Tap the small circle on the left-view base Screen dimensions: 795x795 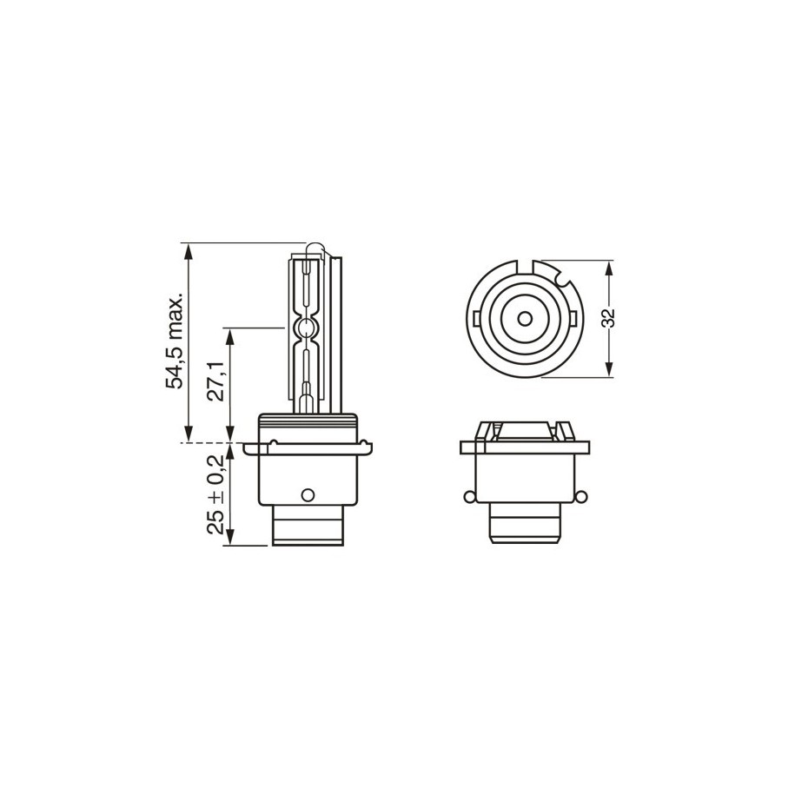pos(305,494)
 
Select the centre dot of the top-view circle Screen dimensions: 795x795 pos(524,317)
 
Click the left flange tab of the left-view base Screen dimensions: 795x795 pos(252,448)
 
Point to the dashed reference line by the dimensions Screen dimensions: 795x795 pos(209,443)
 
